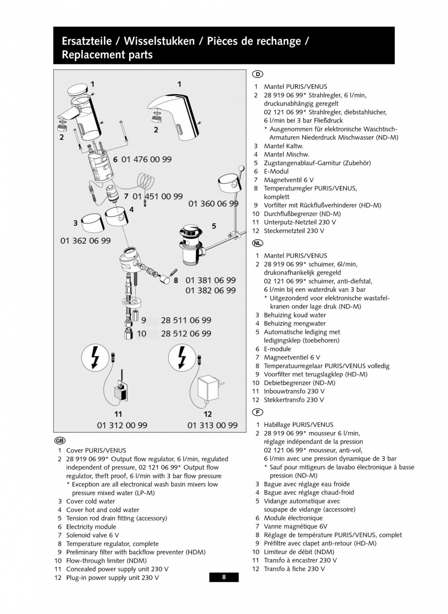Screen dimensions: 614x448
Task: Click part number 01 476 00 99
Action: pyautogui.click(x=146, y=159)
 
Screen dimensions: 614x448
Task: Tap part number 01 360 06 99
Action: pyautogui.click(x=213, y=203)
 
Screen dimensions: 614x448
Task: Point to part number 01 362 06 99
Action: pyautogui.click(x=85, y=240)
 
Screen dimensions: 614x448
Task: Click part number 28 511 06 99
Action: pyautogui.click(x=186, y=320)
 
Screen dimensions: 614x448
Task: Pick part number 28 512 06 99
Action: pyautogui.click(x=186, y=334)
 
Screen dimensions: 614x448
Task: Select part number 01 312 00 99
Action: pyautogui.click(x=122, y=425)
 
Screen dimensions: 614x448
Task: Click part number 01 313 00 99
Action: pyautogui.click(x=213, y=425)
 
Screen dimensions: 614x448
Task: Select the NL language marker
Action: pyautogui.click(x=257, y=242)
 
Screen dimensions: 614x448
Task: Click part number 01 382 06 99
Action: pyautogui.click(x=211, y=290)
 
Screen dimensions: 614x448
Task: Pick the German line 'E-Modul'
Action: pyautogui.click(x=276, y=171)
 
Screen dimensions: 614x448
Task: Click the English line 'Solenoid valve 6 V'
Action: pyautogui.click(x=92, y=535)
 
